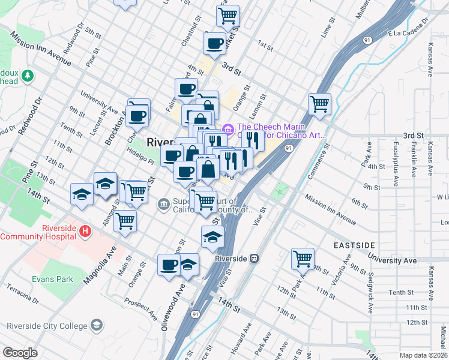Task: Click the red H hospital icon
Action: click(85, 230)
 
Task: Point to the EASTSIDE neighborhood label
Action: click(354, 245)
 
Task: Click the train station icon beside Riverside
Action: click(255, 259)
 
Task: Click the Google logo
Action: click(20, 352)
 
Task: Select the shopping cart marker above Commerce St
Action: click(320, 104)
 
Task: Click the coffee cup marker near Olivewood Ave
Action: click(169, 264)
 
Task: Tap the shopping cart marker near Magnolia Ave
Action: click(125, 221)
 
